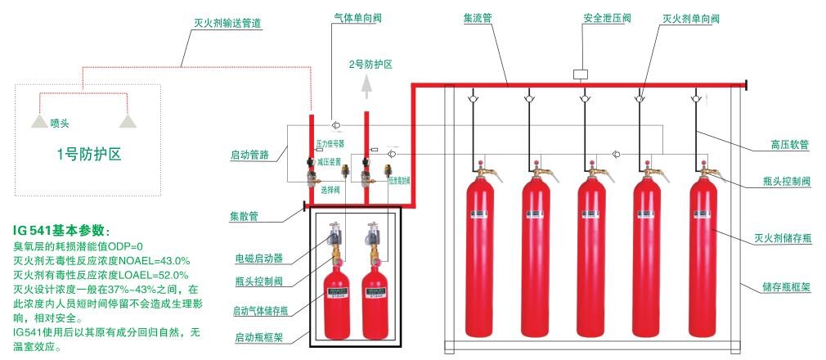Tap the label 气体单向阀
pos(356,17)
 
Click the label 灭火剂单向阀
pos(690,17)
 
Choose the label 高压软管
pos(791,145)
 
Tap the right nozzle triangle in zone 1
pos(127,121)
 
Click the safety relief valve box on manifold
pos(581,74)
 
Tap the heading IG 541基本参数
pos(61,230)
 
